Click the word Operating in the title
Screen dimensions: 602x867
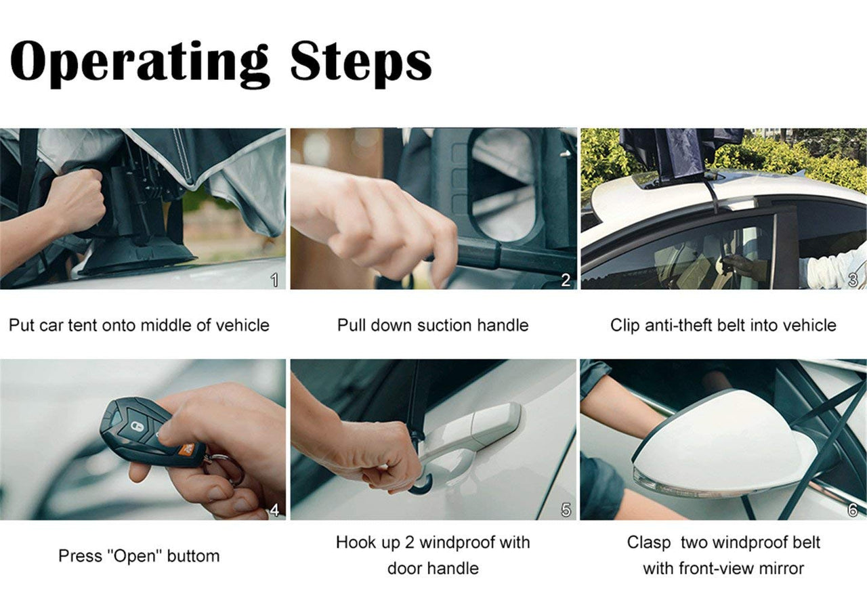pyautogui.click(x=139, y=62)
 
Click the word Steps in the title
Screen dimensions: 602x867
pyautogui.click(x=360, y=62)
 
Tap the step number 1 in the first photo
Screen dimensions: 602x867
pyautogui.click(x=274, y=280)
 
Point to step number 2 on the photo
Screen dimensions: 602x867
pyautogui.click(x=566, y=280)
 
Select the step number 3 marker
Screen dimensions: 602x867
pyautogui.click(x=853, y=279)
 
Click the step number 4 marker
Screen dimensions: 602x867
pyautogui.click(x=274, y=511)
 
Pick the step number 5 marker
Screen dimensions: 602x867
pyautogui.click(x=566, y=511)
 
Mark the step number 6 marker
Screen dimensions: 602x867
pyautogui.click(x=853, y=510)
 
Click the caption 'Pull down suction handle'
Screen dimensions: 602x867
pyautogui.click(x=433, y=325)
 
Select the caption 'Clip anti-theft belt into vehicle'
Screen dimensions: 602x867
pyautogui.click(x=723, y=325)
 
